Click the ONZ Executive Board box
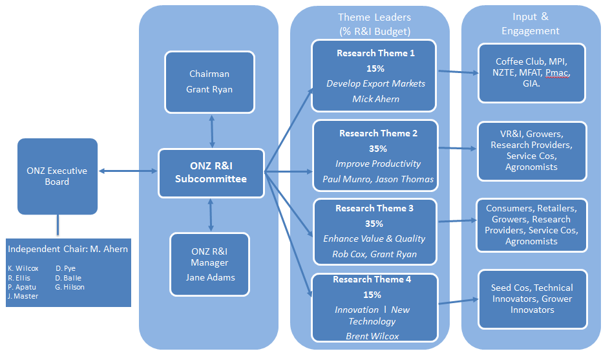(x=57, y=176)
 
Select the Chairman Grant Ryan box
(x=210, y=81)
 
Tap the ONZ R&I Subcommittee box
(x=211, y=173)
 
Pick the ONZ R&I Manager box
(x=209, y=264)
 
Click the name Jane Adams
(x=209, y=278)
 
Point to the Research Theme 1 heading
(x=375, y=54)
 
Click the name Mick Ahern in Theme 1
(x=375, y=99)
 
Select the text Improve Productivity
(x=378, y=164)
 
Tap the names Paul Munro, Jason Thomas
(x=378, y=179)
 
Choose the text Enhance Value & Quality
(x=374, y=238)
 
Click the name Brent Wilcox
(x=372, y=336)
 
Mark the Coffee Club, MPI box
(x=531, y=72)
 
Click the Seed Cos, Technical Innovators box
(x=532, y=299)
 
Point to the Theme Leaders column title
(x=374, y=24)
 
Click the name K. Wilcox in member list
(x=23, y=268)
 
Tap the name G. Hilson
(x=70, y=287)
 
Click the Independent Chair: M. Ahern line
(x=68, y=249)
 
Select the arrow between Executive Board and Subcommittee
(x=128, y=171)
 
